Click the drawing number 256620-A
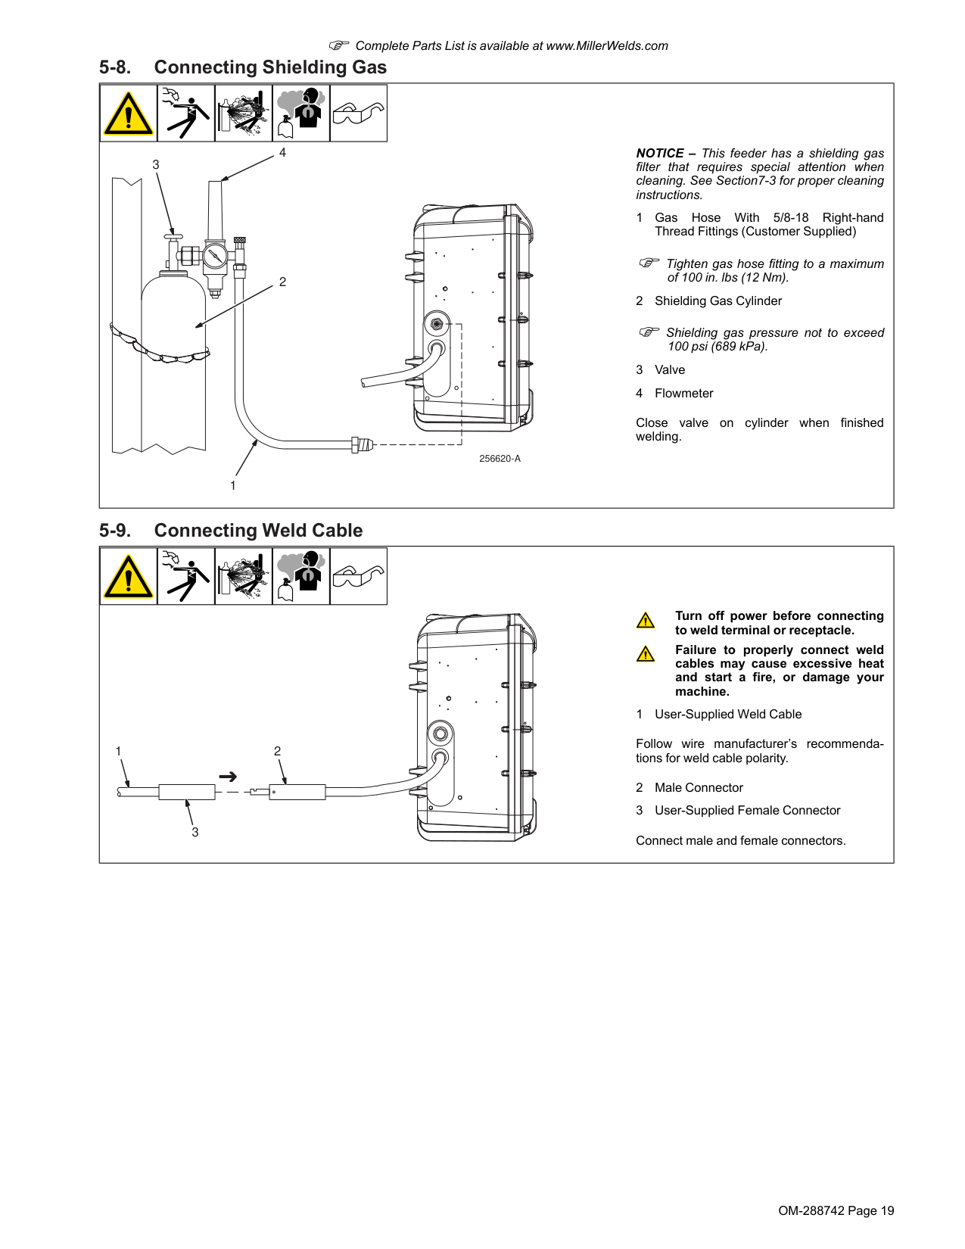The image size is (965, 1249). tap(500, 459)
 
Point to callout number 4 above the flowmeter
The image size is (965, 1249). tap(282, 152)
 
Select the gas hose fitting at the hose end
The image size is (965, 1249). tap(362, 445)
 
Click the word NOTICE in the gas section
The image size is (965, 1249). tap(659, 154)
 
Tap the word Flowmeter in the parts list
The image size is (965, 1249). tap(683, 393)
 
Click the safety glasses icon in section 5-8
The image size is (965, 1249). tap(358, 113)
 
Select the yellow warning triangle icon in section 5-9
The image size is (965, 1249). tap(128, 576)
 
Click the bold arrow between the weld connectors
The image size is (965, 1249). tap(228, 777)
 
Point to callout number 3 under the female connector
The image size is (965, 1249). tap(195, 832)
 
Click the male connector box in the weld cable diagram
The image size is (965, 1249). tap(297, 792)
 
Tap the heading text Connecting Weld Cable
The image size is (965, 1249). tap(258, 530)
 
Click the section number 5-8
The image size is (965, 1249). tap(115, 67)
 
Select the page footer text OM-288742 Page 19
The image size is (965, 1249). tap(836, 1210)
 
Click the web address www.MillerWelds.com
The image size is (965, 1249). tap(607, 46)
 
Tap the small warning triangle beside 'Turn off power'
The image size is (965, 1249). tap(646, 621)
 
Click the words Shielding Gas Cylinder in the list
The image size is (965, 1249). tap(718, 301)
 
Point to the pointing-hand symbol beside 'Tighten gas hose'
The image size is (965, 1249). tap(649, 263)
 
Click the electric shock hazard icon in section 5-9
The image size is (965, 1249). tap(185, 576)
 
